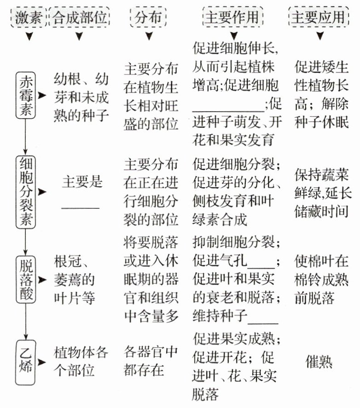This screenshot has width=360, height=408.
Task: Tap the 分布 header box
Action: click(148, 17)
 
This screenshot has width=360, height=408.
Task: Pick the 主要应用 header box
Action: click(318, 17)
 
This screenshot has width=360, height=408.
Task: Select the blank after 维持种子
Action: click(263, 322)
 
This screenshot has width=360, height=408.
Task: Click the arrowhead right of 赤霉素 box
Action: click(43, 95)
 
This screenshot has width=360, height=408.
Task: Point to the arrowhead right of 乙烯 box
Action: click(43, 362)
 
